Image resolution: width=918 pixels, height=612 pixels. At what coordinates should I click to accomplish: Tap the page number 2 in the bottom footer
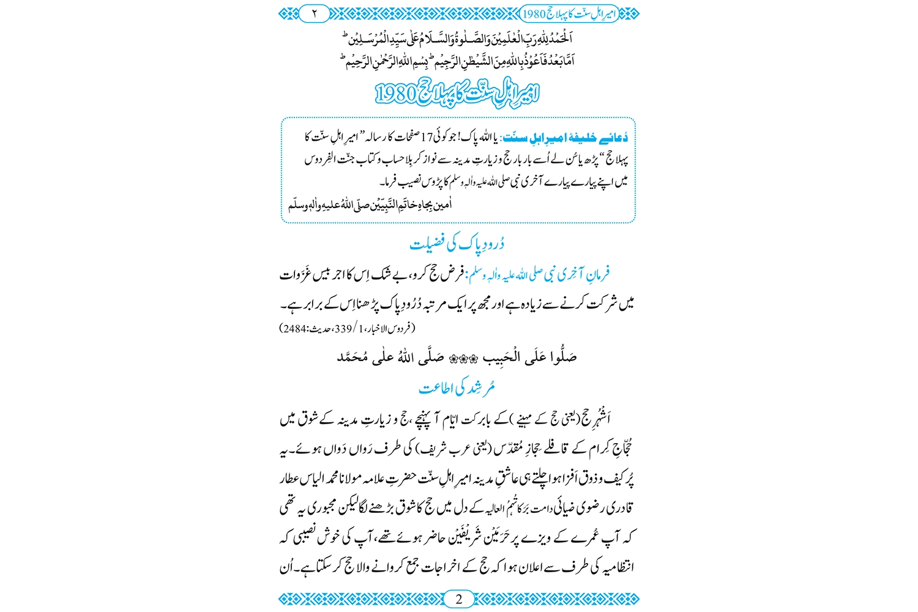click(x=458, y=599)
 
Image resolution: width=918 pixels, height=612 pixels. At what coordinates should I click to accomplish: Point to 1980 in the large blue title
click(x=395, y=94)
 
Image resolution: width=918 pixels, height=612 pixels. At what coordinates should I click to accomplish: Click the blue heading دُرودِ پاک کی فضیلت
click(x=457, y=244)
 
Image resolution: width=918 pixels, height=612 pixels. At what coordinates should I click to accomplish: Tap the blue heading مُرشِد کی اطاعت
click(x=457, y=388)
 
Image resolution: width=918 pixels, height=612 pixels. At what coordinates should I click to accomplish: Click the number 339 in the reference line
click(x=343, y=329)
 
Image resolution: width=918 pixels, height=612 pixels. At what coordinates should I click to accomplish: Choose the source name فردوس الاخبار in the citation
click(x=389, y=329)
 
